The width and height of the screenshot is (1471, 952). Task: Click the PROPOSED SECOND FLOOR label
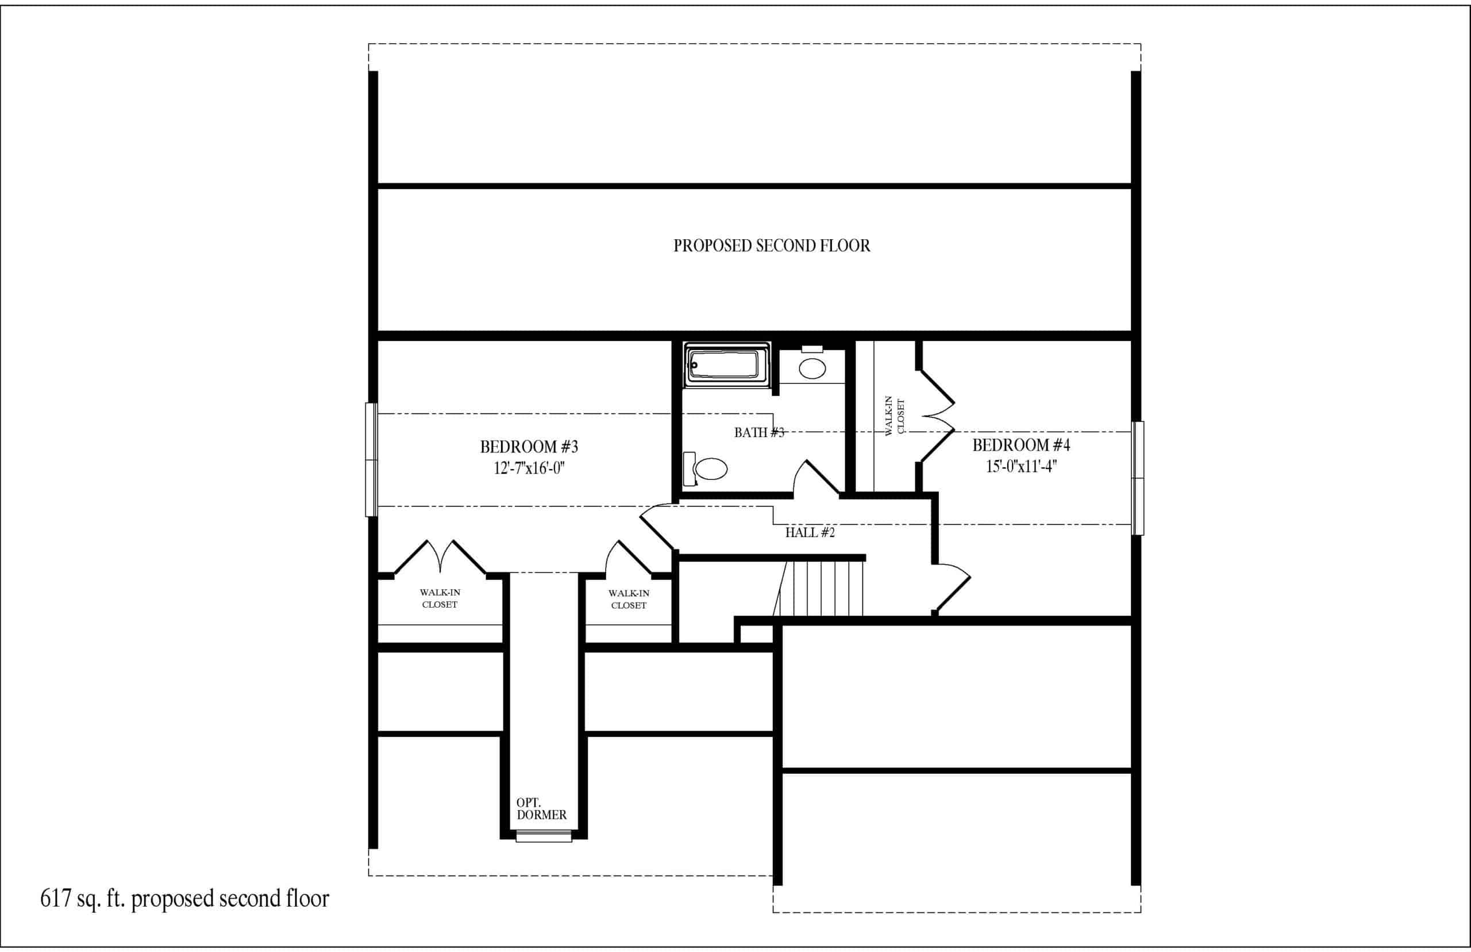[x=772, y=246]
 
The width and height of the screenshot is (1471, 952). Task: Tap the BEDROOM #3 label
[x=529, y=446]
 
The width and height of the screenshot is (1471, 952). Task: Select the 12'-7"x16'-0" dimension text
[x=529, y=468]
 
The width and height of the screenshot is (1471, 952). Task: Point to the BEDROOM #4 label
[x=1021, y=444]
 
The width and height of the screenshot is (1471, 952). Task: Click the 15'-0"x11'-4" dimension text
[x=1021, y=466]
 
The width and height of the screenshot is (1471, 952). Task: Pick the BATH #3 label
[x=759, y=433]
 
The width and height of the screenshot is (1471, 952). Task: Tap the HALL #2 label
[x=810, y=532]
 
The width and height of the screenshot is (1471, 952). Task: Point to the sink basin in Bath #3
[x=812, y=368]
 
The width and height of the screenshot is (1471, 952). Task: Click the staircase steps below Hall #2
[x=819, y=589]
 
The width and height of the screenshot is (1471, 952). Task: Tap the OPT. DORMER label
[x=541, y=809]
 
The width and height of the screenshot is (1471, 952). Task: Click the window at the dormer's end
[x=544, y=837]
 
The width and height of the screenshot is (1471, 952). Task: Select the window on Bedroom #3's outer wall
[x=371, y=459]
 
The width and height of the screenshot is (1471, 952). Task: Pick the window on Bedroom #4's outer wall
[x=1137, y=478]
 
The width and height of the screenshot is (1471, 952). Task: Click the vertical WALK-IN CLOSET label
[x=895, y=416]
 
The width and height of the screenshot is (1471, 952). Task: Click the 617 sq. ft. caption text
[x=184, y=898]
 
